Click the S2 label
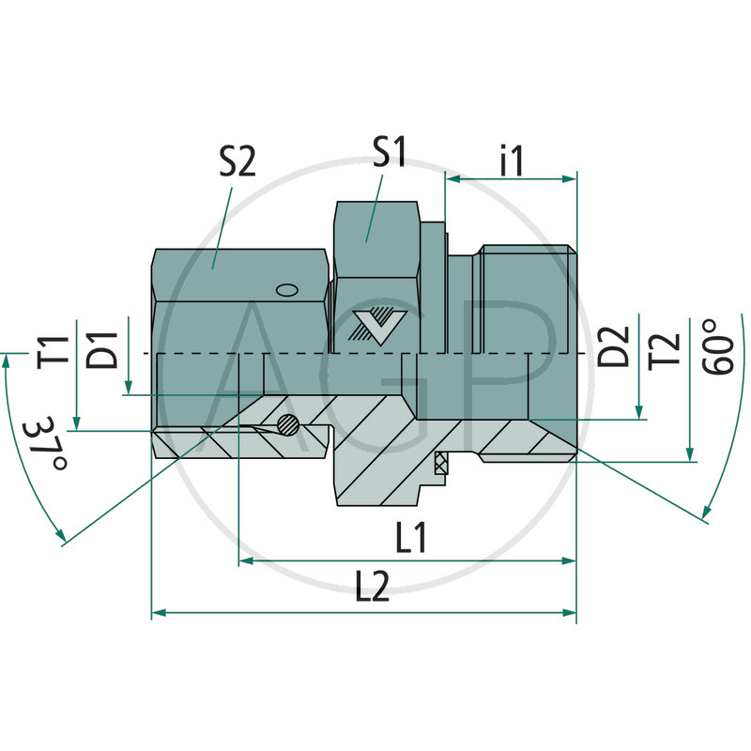(x=237, y=163)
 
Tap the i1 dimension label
(x=512, y=161)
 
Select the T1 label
(x=58, y=351)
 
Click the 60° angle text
(x=718, y=346)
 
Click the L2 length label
(x=374, y=589)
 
